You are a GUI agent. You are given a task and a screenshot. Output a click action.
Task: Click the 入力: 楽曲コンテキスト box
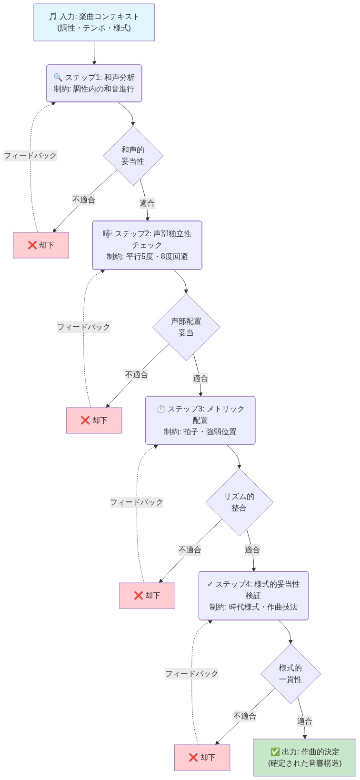[94, 22]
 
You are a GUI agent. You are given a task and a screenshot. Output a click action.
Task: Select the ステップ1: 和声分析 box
[94, 83]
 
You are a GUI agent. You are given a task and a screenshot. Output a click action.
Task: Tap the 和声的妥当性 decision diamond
[133, 156]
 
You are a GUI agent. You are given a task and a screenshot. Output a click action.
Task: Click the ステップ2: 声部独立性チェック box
[147, 245]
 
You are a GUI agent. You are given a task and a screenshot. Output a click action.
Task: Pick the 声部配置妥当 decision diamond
[186, 327]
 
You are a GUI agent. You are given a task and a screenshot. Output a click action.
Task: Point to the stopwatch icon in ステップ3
[161, 409]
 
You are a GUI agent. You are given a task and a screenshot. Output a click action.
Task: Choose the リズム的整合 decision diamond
[239, 502]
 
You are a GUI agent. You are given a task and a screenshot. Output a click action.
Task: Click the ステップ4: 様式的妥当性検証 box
[253, 596]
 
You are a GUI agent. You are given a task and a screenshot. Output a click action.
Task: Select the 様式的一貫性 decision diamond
[290, 674]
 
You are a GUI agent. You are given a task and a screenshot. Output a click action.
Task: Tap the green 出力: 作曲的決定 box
[305, 758]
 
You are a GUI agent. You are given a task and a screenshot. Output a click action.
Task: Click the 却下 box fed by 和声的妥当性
[41, 245]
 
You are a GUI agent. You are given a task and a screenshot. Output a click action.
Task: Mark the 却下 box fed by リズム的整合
[147, 596]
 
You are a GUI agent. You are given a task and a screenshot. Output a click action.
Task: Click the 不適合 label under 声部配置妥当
[137, 375]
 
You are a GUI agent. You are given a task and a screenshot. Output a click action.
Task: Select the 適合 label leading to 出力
[305, 721]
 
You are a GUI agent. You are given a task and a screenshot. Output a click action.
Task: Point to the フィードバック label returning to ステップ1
[30, 156]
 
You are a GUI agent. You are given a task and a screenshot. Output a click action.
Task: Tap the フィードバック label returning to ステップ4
[191, 674]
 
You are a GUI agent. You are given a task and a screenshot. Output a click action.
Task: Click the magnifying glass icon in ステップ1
[58, 78]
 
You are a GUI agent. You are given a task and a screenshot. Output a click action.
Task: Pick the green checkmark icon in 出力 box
[275, 752]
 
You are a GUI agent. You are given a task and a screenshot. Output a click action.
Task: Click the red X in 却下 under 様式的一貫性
[193, 758]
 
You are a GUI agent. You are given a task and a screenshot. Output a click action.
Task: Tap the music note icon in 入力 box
[53, 17]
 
